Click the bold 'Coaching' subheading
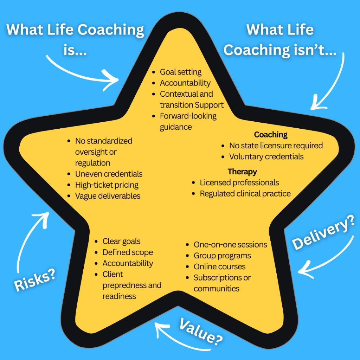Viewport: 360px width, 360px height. click(x=271, y=135)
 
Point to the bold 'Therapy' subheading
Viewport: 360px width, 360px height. click(x=242, y=172)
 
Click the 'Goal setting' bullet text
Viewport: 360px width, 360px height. click(x=181, y=72)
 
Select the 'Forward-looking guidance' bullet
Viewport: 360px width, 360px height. click(x=188, y=121)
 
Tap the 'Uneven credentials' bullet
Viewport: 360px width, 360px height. click(x=109, y=174)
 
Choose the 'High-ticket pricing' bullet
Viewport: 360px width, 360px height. click(x=107, y=185)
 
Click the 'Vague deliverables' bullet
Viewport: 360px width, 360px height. click(x=108, y=196)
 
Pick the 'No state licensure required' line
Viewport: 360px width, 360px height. click(x=276, y=146)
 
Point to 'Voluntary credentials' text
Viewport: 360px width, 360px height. click(x=266, y=156)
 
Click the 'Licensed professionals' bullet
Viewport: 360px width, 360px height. click(x=239, y=183)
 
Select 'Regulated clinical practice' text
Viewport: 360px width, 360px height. click(x=245, y=194)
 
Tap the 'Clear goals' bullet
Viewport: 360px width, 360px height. click(x=121, y=241)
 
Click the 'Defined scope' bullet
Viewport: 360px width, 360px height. click(x=128, y=252)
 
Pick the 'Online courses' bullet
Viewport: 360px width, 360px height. click(x=219, y=266)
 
